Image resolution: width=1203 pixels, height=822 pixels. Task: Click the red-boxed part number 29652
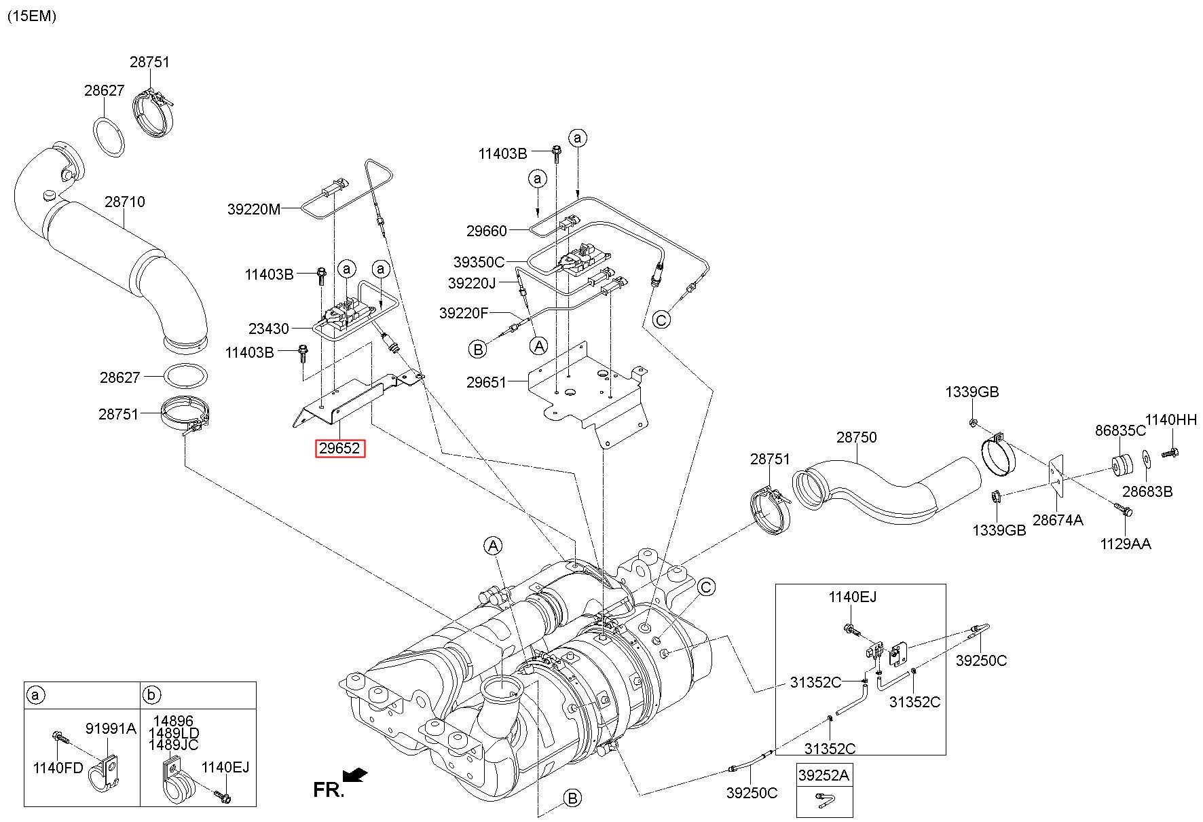pos(340,449)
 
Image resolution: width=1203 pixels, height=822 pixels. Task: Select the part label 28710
pos(124,202)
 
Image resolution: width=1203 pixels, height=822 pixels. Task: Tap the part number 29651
pos(486,382)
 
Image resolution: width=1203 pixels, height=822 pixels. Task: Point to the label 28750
pos(856,437)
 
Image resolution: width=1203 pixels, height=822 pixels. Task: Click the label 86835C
pos(1120,430)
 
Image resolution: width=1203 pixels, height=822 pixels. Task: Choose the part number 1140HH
pos(1171,419)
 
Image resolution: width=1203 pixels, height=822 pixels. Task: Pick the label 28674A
pos(1058,520)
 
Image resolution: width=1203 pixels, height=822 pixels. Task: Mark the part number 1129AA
pos(1126,543)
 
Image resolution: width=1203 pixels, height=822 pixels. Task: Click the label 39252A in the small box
pos(824,775)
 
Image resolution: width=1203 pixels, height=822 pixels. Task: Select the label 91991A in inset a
pos(111,729)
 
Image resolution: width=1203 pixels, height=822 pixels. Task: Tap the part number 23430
pos(269,329)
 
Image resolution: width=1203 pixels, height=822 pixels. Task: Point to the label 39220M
pos(253,210)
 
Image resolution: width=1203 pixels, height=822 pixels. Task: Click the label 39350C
pos(479,261)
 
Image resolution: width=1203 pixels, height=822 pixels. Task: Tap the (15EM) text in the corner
pos(31,16)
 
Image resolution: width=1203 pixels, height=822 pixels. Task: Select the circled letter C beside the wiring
pos(661,318)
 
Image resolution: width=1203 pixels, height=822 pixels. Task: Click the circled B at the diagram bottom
pos(573,798)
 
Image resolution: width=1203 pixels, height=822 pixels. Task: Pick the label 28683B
pos(1147,491)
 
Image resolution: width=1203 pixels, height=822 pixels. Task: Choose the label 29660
pos(486,231)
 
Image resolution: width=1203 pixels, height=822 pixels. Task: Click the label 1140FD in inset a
pos(58,768)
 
